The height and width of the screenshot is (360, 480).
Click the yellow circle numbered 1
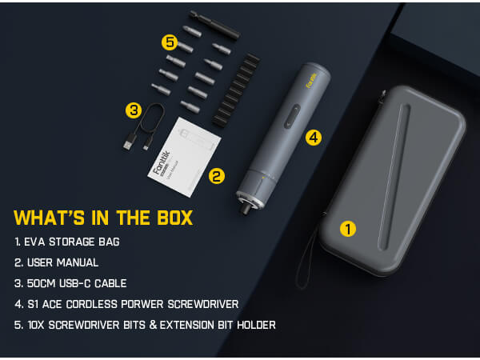pyautogui.click(x=347, y=229)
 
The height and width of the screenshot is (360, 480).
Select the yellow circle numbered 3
pyautogui.click(x=134, y=110)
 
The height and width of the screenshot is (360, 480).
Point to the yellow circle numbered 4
pyautogui.click(x=314, y=137)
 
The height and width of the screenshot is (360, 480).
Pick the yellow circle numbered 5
pyautogui.click(x=169, y=41)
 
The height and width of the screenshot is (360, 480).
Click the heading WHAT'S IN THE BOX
pyautogui.click(x=103, y=218)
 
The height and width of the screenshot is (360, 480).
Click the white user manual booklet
pyautogui.click(x=186, y=155)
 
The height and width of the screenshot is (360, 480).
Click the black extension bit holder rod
pyautogui.click(x=214, y=24)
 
